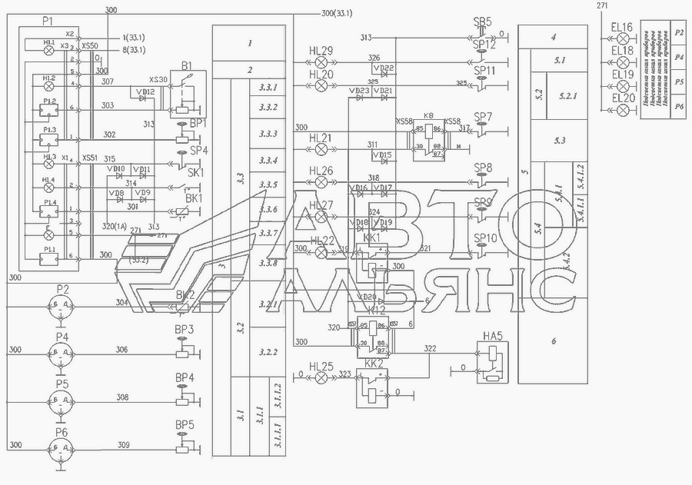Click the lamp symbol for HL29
[321, 61]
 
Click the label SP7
[484, 117]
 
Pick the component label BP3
[185, 330]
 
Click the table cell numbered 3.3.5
[268, 185]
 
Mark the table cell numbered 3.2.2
[268, 352]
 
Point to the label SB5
[483, 23]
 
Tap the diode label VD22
[387, 68]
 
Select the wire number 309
[122, 444]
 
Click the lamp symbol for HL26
[321, 182]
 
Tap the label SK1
[196, 173]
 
